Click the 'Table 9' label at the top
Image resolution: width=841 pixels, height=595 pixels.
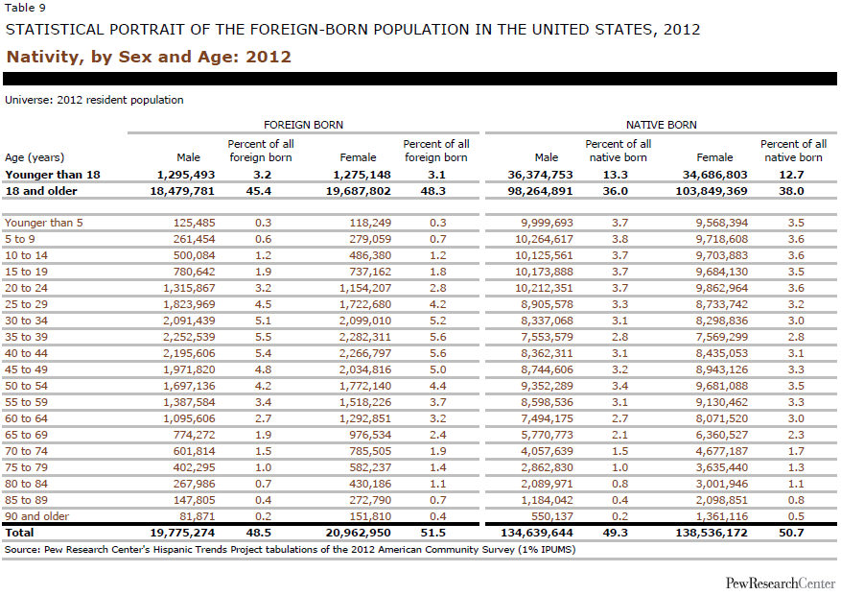25,8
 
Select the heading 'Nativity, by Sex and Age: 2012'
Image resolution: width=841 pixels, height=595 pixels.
149,57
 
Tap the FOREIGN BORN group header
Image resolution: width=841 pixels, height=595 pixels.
303,125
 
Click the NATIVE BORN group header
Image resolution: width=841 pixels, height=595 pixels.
662,125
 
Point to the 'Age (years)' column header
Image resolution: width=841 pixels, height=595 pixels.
35,157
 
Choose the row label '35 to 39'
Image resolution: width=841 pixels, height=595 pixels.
26,337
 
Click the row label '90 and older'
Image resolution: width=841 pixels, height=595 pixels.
37,516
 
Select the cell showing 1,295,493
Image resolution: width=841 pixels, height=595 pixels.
186,175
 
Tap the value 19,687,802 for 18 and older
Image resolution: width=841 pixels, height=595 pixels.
359,191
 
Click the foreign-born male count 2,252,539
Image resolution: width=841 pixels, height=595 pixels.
189,337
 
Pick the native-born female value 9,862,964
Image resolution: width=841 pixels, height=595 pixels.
721,288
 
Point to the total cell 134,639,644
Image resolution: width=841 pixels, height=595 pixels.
536,533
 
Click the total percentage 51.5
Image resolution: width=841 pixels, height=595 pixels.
433,533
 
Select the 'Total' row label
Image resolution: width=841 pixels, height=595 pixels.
19,533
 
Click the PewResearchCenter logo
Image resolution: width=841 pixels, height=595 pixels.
781,583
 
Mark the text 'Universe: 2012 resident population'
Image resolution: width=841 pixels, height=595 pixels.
94,100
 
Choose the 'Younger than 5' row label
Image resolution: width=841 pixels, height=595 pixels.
44,223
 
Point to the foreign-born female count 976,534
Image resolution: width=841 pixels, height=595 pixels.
370,435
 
